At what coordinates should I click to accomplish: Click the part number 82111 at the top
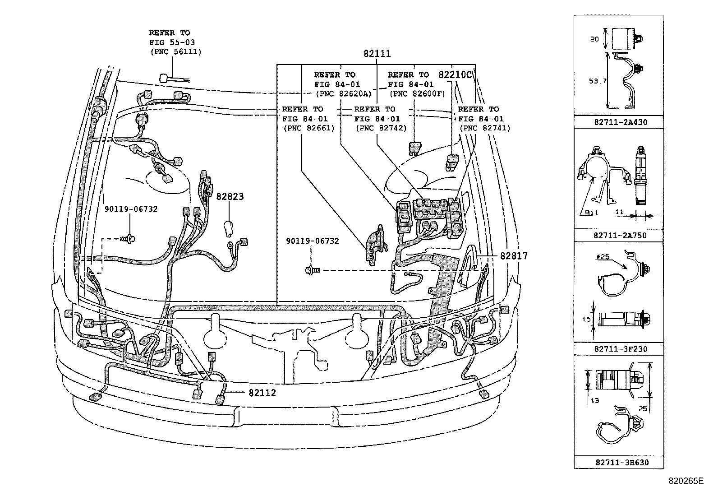377,54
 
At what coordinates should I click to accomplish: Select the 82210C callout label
456,75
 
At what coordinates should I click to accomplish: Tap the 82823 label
230,197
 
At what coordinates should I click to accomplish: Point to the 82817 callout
513,256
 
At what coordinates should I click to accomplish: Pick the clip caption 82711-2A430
618,122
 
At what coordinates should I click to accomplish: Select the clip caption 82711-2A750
618,236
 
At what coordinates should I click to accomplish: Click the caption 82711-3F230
618,349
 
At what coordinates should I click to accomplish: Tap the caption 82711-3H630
618,463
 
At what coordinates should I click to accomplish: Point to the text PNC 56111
176,52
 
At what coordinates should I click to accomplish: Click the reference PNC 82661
309,128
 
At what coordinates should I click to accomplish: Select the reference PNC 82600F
417,94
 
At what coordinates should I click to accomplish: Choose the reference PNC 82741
485,128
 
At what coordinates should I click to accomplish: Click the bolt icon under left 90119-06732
129,238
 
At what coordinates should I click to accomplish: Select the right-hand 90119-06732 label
312,241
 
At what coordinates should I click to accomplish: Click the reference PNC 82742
381,128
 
